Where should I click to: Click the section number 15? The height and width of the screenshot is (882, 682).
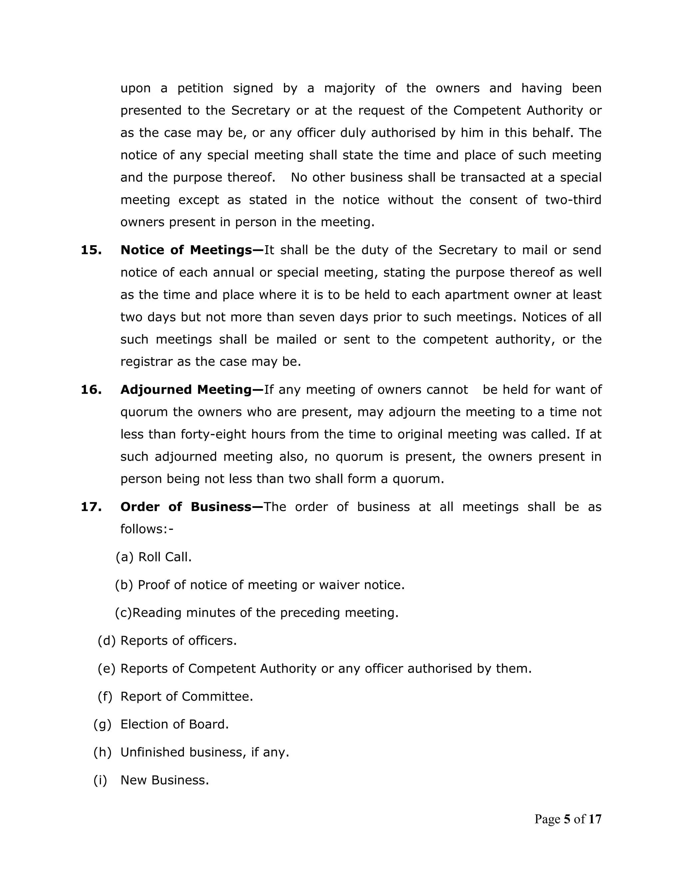[x=91, y=250]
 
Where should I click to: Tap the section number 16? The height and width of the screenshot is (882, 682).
[x=91, y=390]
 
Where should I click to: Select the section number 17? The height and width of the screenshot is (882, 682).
[x=91, y=507]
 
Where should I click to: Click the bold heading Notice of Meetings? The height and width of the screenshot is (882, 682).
[x=191, y=250]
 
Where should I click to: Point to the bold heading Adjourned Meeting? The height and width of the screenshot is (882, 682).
[x=191, y=390]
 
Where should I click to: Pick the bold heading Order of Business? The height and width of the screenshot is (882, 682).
[x=191, y=507]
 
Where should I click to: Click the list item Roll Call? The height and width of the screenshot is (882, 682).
[x=165, y=557]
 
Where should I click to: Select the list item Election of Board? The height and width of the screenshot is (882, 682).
[x=174, y=725]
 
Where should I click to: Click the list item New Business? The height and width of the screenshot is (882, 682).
[x=165, y=780]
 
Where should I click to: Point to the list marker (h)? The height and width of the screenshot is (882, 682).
[x=102, y=753]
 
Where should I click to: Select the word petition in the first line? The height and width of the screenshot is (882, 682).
[x=200, y=89]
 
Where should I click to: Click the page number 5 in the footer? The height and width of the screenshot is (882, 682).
[x=567, y=819]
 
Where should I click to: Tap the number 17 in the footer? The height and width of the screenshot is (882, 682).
[x=595, y=819]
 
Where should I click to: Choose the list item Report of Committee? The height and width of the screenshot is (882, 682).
[x=187, y=697]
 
